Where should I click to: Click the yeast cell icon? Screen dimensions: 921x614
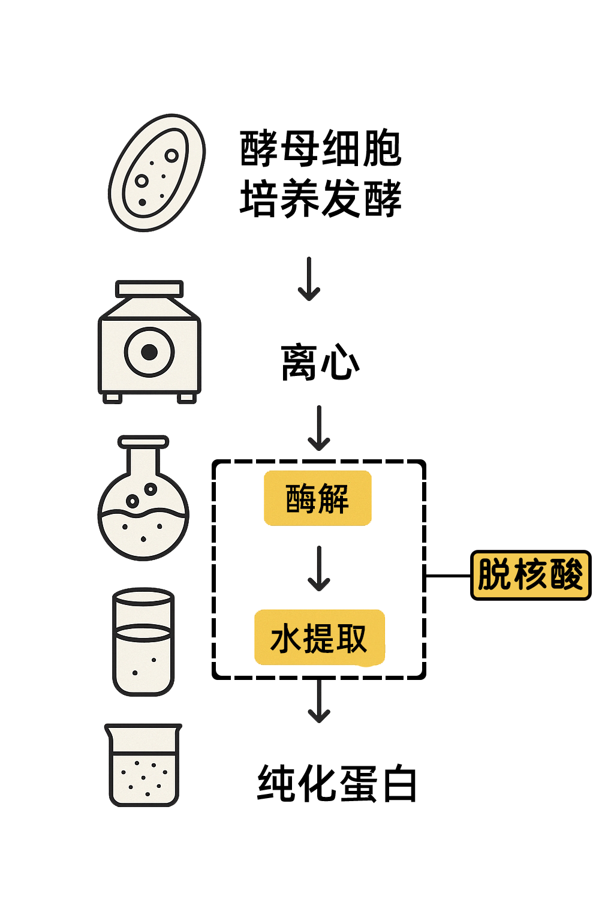click(x=156, y=173)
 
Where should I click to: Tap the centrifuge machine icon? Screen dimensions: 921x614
click(x=149, y=342)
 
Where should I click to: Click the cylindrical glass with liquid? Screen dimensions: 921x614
click(x=143, y=642)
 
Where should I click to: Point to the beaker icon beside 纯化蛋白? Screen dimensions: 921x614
click(x=143, y=765)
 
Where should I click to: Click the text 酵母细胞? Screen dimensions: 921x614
click(x=320, y=149)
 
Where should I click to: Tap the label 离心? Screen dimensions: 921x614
click(x=320, y=362)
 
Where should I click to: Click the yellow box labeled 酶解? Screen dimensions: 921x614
click(x=318, y=498)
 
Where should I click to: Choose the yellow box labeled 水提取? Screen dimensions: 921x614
click(x=319, y=638)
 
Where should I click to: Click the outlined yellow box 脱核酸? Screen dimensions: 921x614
click(x=531, y=575)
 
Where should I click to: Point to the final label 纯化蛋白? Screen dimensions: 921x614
click(x=337, y=783)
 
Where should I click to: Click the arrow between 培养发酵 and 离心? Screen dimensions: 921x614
click(x=309, y=279)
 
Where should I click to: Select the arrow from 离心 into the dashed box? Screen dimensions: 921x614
click(x=319, y=428)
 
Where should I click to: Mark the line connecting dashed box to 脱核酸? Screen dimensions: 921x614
click(x=448, y=576)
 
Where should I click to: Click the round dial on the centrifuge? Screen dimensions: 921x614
click(x=149, y=352)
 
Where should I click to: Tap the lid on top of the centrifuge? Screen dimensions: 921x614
click(x=149, y=289)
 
